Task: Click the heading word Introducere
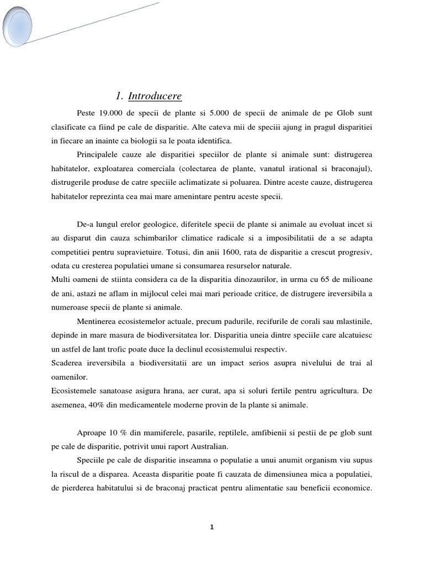tap(155, 97)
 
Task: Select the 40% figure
tap(97, 404)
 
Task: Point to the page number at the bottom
tap(211, 527)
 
